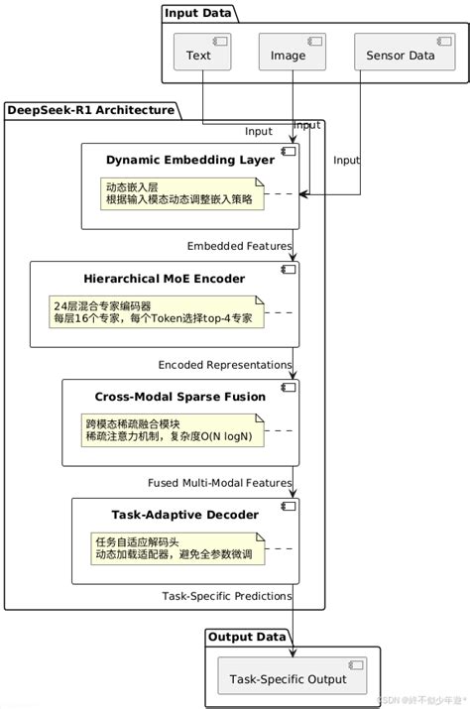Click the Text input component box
(202, 54)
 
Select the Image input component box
(292, 54)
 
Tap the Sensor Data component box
(401, 54)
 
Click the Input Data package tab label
(198, 13)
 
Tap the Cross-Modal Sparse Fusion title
(179, 397)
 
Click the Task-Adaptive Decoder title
(184, 515)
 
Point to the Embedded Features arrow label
(239, 246)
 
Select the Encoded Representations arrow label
(224, 364)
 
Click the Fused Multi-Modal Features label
(219, 482)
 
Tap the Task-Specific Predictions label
(226, 597)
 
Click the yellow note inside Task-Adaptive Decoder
(178, 547)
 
